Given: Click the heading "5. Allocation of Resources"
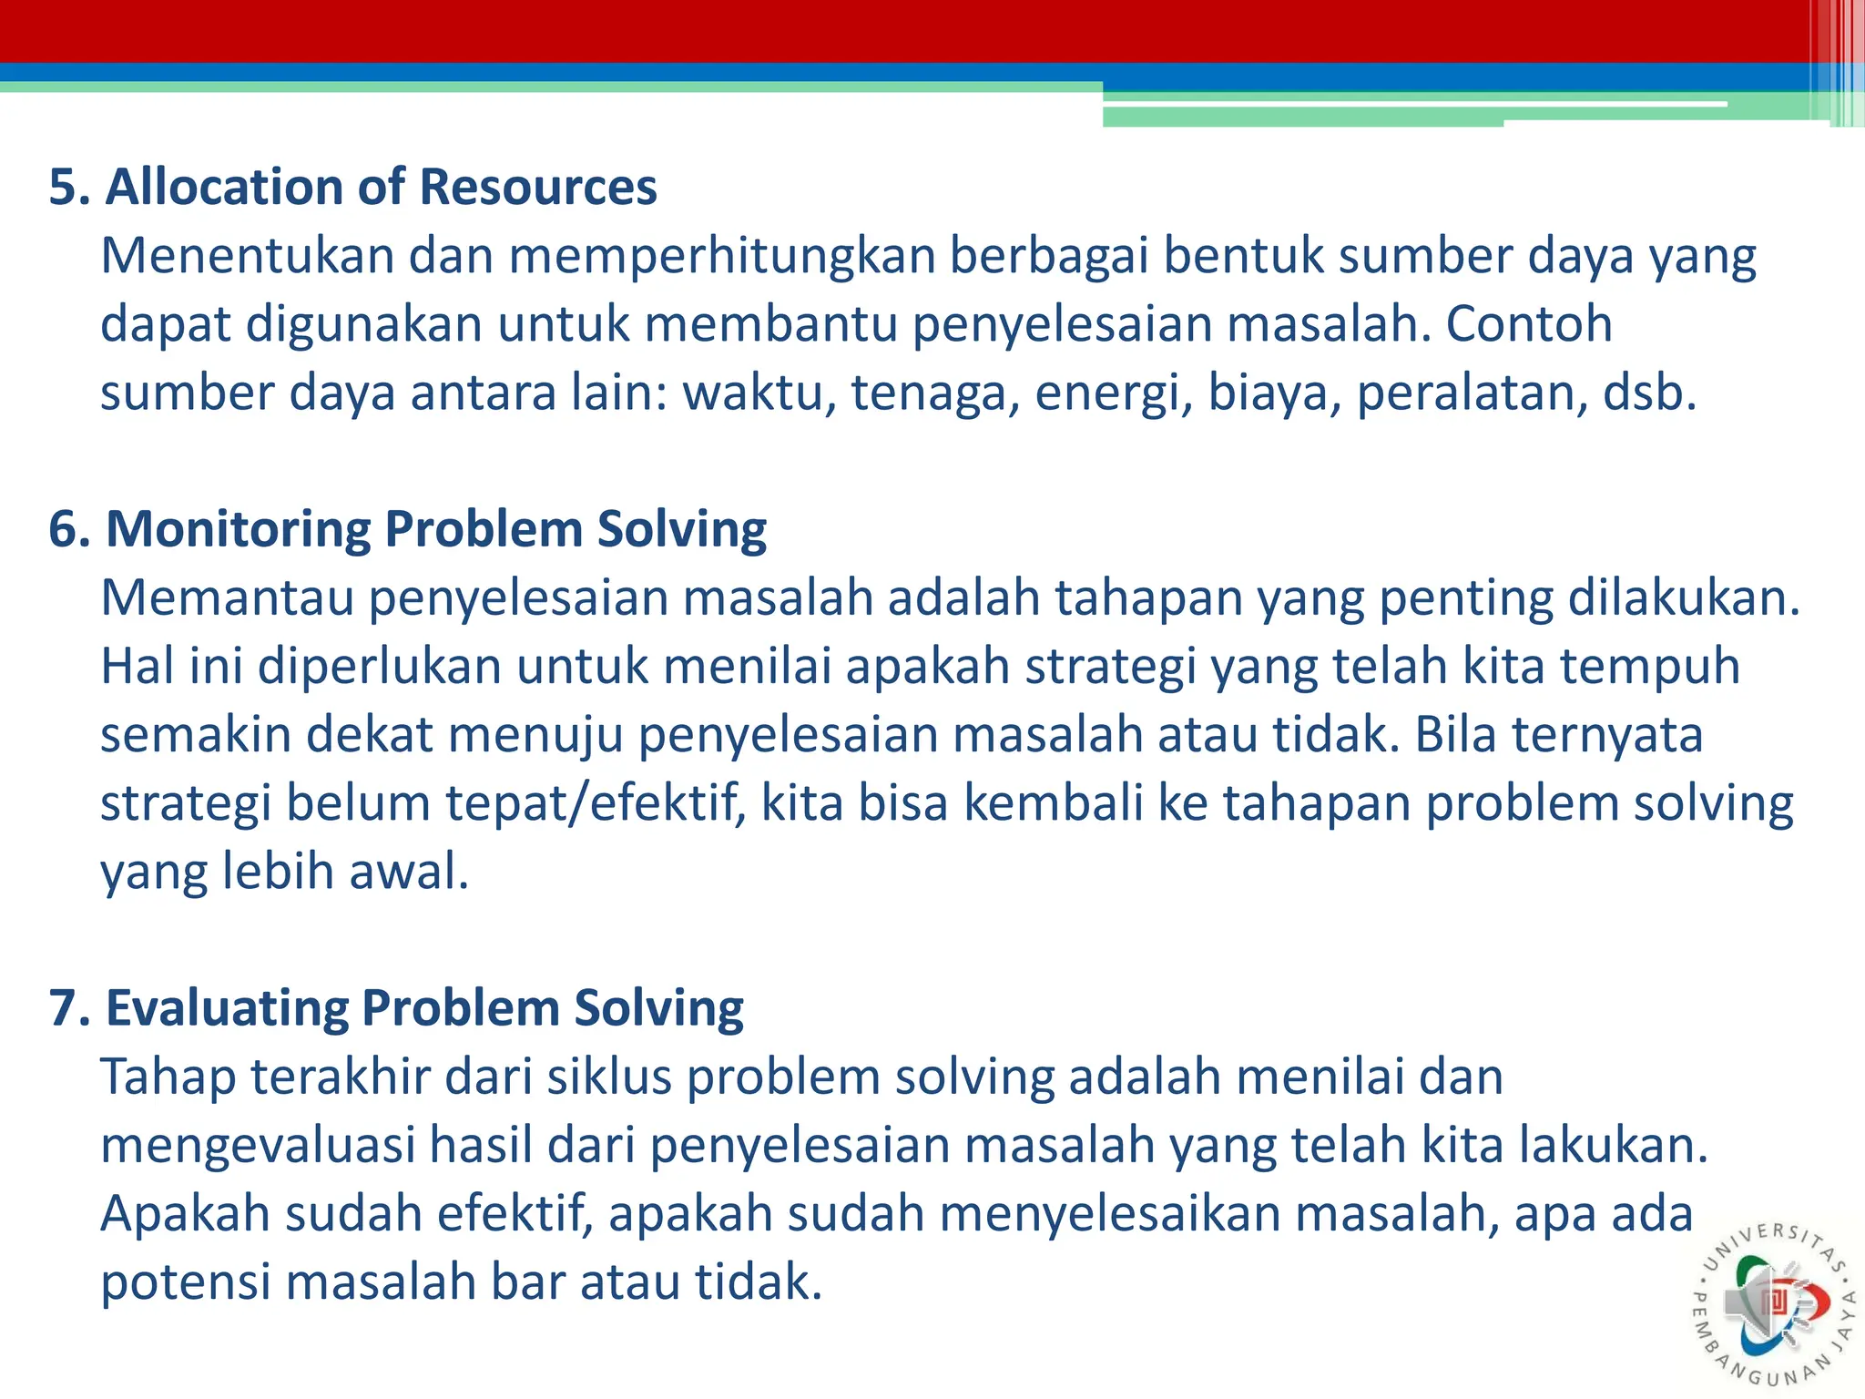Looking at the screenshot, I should click(x=352, y=187).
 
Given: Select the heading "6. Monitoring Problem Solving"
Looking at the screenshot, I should click(x=407, y=529).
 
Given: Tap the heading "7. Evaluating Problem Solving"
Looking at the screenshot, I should click(x=396, y=1008).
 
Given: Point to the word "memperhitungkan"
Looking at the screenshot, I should click(x=721, y=256).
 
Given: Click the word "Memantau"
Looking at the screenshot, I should click(x=227, y=598).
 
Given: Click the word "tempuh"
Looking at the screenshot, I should click(x=1649, y=668).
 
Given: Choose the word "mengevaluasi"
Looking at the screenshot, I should click(x=258, y=1146).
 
